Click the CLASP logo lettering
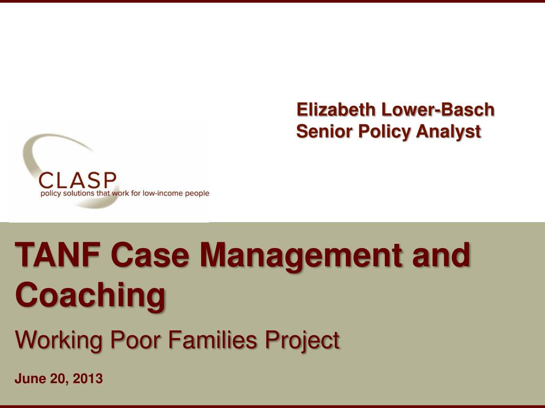78,181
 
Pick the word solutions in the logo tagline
77,193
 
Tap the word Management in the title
309,256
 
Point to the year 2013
88,379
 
